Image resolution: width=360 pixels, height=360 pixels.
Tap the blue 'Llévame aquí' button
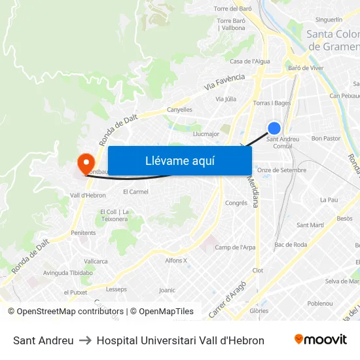(180, 160)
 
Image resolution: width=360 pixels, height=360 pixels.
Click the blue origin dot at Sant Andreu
(274, 128)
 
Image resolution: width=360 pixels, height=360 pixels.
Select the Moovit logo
(320, 340)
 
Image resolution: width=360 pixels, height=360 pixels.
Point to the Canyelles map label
(179, 110)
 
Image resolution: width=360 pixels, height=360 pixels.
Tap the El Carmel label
(135, 192)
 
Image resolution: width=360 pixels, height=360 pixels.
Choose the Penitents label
(83, 233)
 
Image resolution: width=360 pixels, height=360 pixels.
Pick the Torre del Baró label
(233, 9)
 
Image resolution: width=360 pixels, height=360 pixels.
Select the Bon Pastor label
(325, 139)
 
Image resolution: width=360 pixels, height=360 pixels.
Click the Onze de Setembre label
(281, 170)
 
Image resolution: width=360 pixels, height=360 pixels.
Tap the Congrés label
(236, 203)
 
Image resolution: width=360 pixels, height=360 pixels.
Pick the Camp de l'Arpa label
(235, 247)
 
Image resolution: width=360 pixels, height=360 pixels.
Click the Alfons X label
(176, 261)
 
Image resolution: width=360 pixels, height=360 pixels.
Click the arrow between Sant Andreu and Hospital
(85, 340)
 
